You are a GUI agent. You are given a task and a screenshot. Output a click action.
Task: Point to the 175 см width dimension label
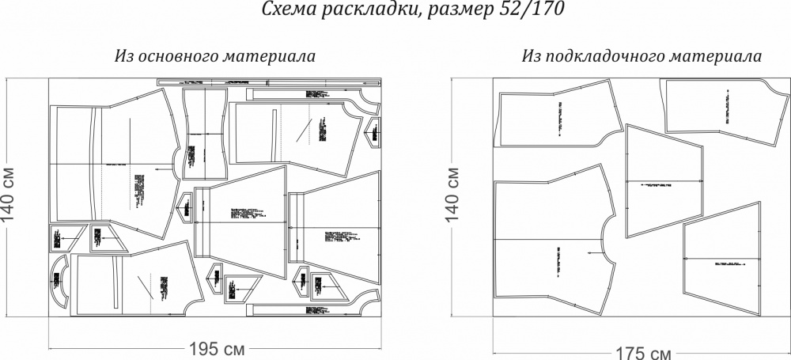coord(640,351)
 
